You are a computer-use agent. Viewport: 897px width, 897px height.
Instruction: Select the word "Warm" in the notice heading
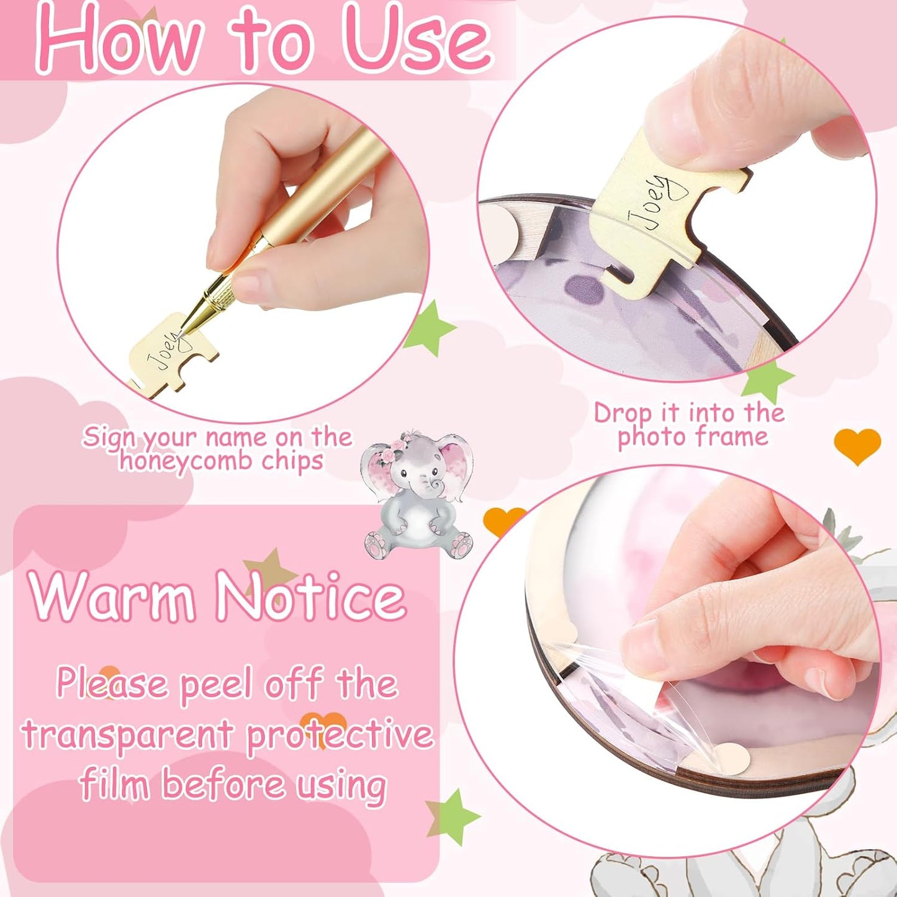click(x=112, y=596)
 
